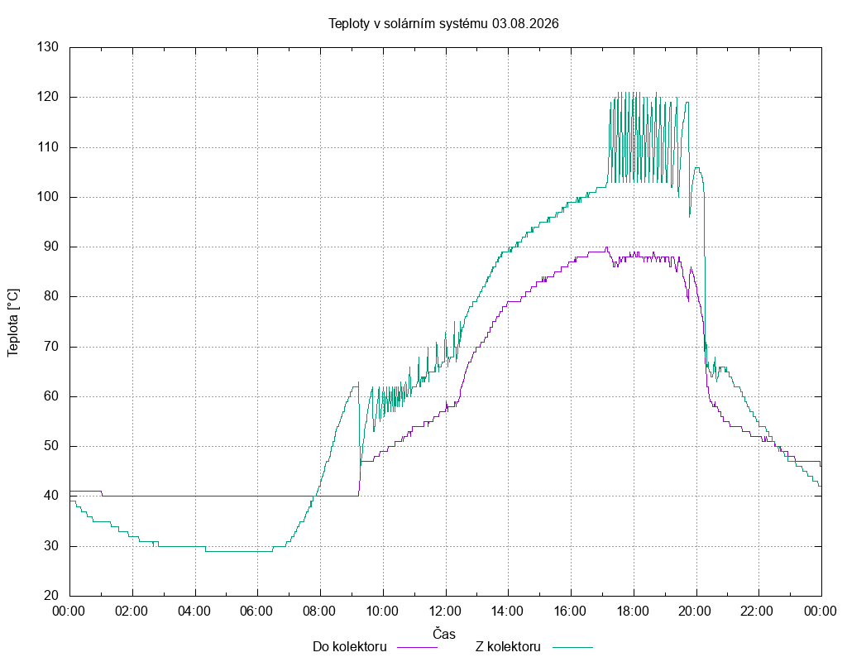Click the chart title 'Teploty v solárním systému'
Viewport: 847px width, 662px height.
409,24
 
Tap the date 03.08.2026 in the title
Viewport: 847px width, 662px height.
525,24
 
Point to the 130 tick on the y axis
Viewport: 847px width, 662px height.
47,47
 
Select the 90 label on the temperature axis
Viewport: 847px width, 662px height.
51,247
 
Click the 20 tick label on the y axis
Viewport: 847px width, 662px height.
51,596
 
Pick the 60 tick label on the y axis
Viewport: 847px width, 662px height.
51,396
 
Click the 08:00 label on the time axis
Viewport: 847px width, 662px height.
319,612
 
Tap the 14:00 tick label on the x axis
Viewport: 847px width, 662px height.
507,612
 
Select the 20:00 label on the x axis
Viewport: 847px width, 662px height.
695,612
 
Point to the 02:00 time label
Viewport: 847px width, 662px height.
132,612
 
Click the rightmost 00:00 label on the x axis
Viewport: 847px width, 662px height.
821,612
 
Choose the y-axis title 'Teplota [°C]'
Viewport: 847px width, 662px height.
13,323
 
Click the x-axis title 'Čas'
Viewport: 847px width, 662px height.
444,633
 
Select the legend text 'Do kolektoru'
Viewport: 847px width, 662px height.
350,647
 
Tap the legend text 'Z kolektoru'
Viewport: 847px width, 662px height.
509,647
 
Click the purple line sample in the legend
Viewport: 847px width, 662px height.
417,647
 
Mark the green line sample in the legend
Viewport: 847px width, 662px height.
572,647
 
